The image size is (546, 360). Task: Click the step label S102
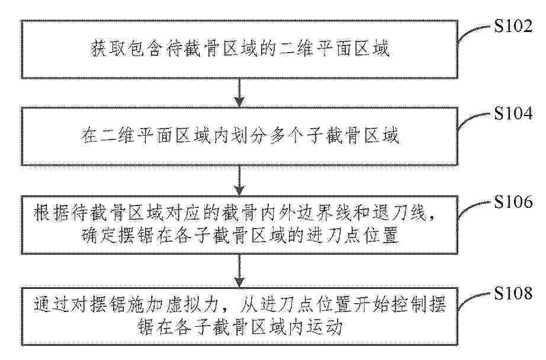pos(513,27)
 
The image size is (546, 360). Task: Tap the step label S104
pos(513,114)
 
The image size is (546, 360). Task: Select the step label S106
pos(513,202)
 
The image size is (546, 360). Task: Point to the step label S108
pos(513,293)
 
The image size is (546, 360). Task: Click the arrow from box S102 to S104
pos(239,93)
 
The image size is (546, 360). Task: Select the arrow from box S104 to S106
pos(239,181)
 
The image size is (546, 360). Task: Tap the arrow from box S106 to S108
pos(239,271)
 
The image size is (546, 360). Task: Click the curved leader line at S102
pos(474,33)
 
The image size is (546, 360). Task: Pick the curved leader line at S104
pos(474,121)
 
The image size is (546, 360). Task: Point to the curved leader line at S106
pos(474,209)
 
